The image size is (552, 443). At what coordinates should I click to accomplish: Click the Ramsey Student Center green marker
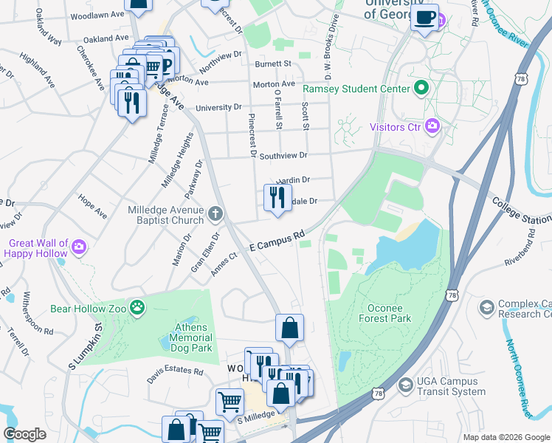click(x=421, y=89)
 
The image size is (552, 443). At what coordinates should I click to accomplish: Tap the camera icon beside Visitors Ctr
click(x=433, y=126)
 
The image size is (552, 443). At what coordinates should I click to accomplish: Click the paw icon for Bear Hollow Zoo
click(x=137, y=308)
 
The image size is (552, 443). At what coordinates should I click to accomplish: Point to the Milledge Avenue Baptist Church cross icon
click(x=215, y=215)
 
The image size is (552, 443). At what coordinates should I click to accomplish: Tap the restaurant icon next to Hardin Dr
click(x=277, y=197)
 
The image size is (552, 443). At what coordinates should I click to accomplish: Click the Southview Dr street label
click(x=282, y=156)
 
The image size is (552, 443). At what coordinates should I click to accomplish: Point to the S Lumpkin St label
click(x=83, y=344)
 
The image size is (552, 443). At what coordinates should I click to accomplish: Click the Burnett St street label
click(x=273, y=64)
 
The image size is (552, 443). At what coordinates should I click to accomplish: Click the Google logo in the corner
click(x=25, y=434)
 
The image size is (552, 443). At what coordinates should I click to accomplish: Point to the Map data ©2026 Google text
click(x=506, y=437)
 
